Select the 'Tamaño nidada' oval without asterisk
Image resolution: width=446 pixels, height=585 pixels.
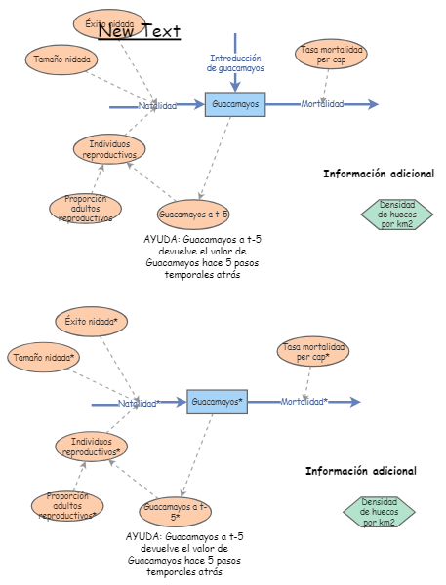point(61,59)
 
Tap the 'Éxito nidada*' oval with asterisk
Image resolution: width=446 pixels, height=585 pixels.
point(91,321)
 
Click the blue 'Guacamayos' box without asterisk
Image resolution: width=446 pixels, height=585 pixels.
point(235,104)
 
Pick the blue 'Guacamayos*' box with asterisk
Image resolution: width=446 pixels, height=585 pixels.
point(217,401)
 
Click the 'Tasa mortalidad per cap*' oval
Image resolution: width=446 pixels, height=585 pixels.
point(313,351)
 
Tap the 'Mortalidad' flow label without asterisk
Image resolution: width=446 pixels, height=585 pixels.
point(322,104)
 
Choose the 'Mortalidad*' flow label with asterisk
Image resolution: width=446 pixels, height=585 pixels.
point(304,401)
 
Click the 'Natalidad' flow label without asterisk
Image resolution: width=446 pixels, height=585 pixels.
point(157,105)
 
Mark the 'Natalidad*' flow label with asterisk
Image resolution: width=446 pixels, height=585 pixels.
point(140,403)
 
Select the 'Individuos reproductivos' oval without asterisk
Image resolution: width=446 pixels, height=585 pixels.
point(109,149)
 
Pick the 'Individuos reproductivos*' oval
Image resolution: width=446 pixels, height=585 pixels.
point(91,448)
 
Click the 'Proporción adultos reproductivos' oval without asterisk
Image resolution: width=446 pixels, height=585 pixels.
point(86,209)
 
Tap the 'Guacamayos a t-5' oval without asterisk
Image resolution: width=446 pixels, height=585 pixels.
point(193,214)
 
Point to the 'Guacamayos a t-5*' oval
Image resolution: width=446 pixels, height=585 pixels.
point(176,511)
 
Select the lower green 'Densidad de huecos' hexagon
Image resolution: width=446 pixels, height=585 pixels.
point(379,512)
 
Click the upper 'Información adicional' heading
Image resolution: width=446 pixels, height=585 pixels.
point(379,174)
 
